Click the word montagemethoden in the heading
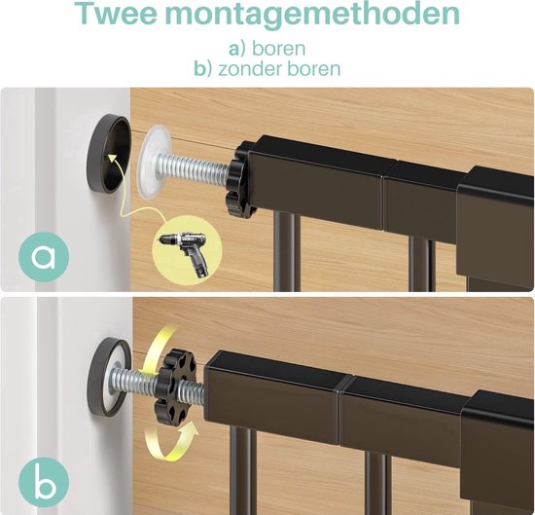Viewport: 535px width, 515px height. pos(312,14)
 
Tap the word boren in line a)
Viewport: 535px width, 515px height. pos(278,49)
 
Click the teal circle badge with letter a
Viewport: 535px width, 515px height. pos(44,256)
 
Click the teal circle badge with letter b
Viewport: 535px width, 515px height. pos(44,482)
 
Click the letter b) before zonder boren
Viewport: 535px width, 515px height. pos(203,68)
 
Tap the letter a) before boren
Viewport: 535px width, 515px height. pos(237,49)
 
